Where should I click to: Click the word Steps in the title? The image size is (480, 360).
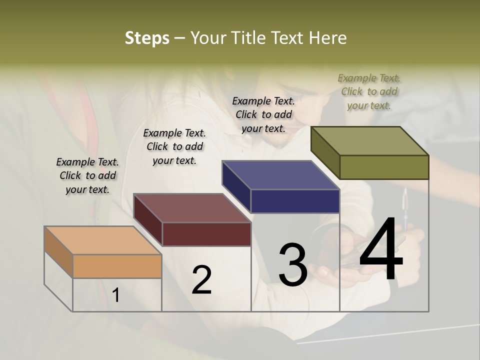147,38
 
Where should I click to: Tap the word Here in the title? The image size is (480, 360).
327,38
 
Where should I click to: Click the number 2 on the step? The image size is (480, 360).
201,279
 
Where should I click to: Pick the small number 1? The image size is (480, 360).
116,295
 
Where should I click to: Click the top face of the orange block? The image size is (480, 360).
102,240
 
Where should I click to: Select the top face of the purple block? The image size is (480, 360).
280,175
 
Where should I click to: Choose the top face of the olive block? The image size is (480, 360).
369,141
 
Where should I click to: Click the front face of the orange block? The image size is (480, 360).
117,266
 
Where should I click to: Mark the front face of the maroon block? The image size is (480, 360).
206,234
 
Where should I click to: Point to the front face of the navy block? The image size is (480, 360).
295,201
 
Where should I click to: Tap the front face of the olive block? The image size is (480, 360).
384,167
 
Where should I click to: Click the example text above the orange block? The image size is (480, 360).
87,175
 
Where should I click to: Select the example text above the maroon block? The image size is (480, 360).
174,146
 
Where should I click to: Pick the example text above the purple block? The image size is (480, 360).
263,114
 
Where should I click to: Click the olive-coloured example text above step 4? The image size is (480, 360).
369,91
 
